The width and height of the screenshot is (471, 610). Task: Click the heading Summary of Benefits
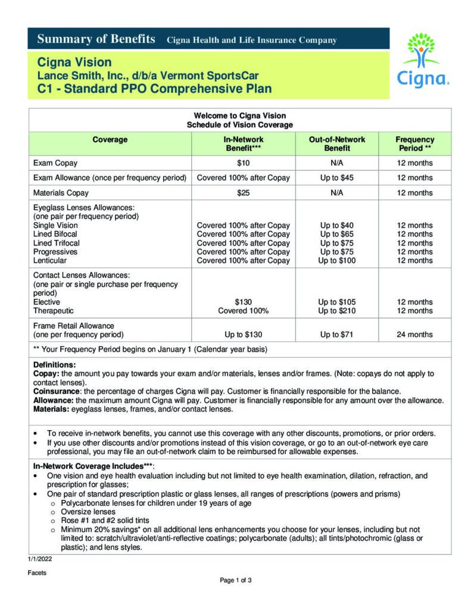[96, 40]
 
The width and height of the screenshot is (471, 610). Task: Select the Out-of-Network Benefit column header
[336, 144]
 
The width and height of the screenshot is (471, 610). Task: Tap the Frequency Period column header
[414, 144]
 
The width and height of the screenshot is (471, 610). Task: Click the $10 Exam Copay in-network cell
[243, 163]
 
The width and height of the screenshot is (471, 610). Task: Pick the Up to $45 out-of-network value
[336, 178]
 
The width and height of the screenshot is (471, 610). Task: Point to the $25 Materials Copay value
[243, 192]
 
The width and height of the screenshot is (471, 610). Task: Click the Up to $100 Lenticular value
[336, 260]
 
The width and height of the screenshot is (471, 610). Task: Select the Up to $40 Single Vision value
[336, 225]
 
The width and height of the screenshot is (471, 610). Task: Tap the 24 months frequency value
[414, 334]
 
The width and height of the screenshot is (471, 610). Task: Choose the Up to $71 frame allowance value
[336, 334]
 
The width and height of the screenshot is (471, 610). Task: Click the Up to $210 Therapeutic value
[336, 310]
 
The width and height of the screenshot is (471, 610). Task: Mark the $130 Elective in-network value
[243, 302]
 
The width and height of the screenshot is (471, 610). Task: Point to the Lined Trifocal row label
[56, 243]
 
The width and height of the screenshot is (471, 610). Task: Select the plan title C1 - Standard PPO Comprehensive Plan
[154, 89]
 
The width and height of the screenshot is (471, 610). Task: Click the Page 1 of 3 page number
[236, 580]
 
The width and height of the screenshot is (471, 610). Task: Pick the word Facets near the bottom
[37, 572]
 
